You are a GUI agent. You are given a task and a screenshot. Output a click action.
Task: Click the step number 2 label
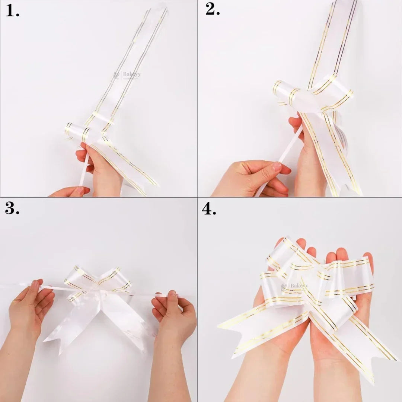[213, 10]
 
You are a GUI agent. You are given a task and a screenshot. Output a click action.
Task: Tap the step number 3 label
[12, 209]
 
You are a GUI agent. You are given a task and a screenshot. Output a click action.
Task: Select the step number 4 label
[209, 209]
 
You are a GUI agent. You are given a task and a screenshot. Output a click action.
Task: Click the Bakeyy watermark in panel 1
[127, 75]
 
